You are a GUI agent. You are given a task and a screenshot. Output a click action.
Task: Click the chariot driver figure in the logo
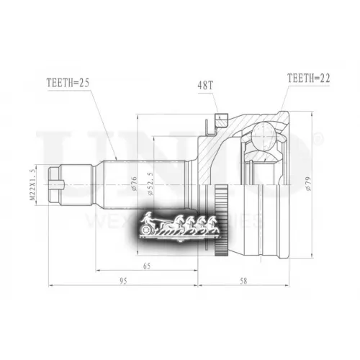click(x=149, y=220)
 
